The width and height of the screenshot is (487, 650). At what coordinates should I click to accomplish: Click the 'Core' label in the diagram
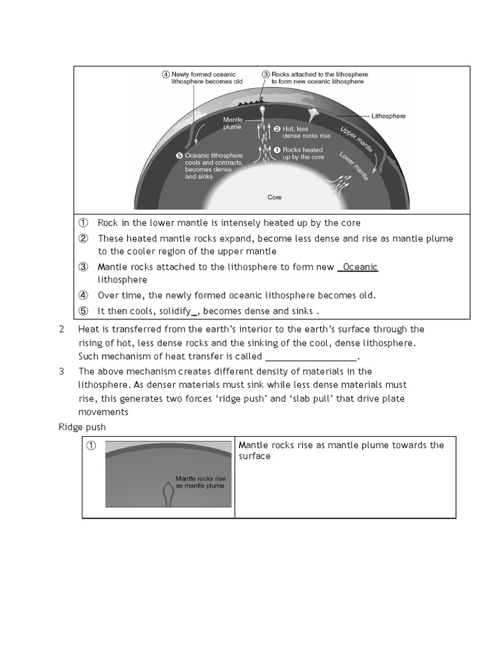click(274, 197)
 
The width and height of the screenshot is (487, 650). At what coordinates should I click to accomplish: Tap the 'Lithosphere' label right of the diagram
click(388, 116)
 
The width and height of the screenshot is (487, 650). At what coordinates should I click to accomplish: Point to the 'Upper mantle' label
click(356, 139)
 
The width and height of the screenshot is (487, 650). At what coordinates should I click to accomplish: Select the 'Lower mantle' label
click(353, 166)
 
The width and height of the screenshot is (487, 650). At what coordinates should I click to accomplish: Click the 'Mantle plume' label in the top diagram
click(233, 123)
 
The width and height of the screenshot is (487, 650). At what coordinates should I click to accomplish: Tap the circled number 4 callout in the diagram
click(166, 74)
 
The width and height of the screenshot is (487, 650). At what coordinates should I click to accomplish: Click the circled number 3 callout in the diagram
click(266, 74)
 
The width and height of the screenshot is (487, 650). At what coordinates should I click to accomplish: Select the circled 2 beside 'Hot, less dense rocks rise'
click(277, 129)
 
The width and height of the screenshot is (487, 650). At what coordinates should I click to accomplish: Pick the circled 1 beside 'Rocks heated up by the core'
click(277, 150)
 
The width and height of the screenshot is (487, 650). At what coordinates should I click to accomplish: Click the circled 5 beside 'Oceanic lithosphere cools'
click(179, 156)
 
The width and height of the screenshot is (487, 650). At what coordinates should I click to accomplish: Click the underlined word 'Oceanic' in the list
click(360, 267)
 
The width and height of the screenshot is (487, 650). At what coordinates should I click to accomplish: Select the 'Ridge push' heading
click(82, 427)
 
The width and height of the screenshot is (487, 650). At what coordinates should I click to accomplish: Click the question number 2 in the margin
click(62, 329)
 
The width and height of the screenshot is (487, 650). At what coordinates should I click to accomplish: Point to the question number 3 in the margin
click(62, 371)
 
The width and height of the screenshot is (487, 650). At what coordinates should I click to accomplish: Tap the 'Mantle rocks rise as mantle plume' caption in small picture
click(200, 482)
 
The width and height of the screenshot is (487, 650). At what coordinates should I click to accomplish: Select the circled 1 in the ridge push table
click(91, 446)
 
